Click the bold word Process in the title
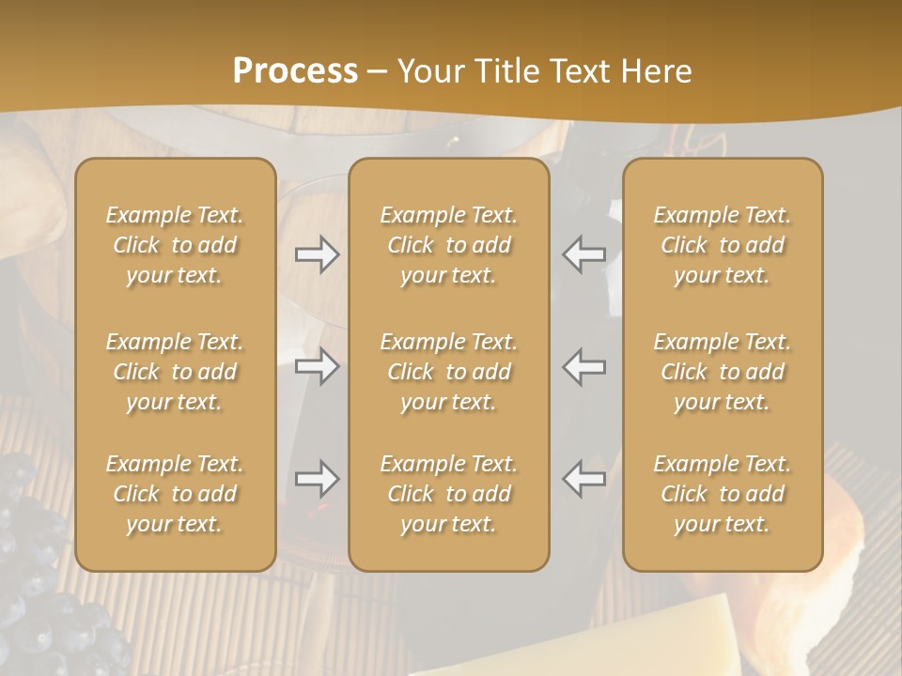(295, 71)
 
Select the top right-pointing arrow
(318, 254)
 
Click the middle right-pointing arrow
(318, 366)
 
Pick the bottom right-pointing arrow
(318, 479)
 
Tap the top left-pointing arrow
(584, 254)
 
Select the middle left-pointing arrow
(584, 366)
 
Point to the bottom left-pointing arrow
(584, 479)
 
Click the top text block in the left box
(175, 245)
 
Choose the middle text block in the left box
(175, 372)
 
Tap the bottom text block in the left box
(175, 494)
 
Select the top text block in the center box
(449, 245)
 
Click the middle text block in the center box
(449, 372)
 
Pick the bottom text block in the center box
(449, 494)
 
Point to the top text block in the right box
(723, 245)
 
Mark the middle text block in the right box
(723, 372)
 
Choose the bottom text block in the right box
(723, 494)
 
